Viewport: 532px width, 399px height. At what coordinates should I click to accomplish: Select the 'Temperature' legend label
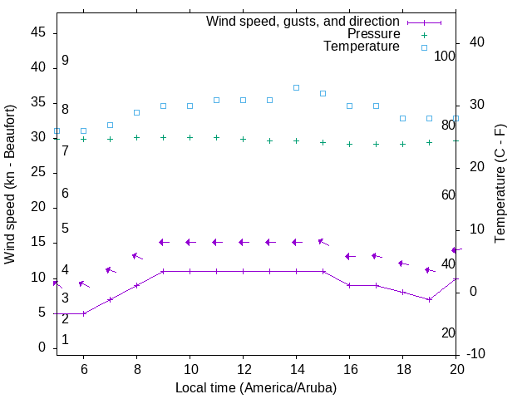362,47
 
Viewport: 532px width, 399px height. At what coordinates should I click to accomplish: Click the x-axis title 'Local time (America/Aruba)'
256,387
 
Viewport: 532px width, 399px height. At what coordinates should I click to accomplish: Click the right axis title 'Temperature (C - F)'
500,185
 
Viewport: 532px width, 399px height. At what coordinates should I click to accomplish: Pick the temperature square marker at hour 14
296,87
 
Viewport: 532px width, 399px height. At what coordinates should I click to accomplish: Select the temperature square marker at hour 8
136,112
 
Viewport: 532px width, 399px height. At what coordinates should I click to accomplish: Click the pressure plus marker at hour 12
243,139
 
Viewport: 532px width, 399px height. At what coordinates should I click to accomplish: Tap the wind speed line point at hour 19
429,299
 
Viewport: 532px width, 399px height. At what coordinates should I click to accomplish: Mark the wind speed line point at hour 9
163,271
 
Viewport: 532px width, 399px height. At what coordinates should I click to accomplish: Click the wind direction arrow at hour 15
323,242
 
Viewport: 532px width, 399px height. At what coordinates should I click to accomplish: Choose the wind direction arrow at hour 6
83,284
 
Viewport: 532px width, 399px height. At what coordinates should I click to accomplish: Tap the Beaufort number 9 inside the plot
65,61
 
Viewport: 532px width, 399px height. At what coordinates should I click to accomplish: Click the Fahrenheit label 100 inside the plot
445,56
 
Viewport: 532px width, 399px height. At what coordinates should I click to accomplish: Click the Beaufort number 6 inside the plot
65,193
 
